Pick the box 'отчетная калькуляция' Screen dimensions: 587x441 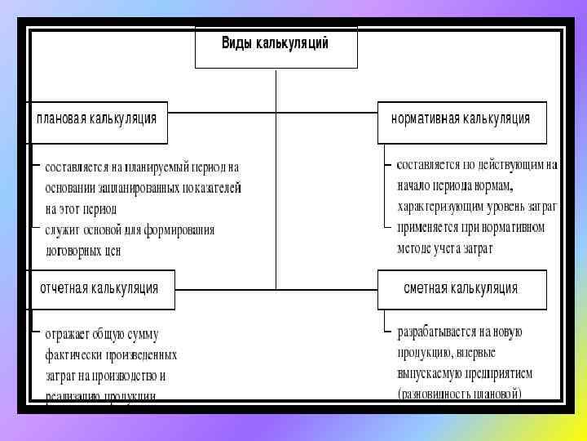click(101, 290)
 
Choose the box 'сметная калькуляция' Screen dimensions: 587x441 click(461, 290)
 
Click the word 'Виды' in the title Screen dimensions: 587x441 click(237, 43)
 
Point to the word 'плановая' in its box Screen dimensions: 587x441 click(60, 118)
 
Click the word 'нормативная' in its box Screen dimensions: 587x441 click(425, 118)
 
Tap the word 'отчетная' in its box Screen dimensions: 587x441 click(64, 288)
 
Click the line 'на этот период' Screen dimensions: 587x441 click(82, 208)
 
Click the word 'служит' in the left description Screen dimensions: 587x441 click(62, 230)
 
